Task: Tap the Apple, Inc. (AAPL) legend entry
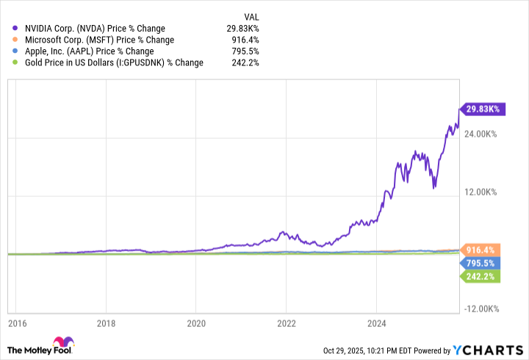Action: (x=89, y=51)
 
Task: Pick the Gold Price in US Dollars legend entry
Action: (x=113, y=62)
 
